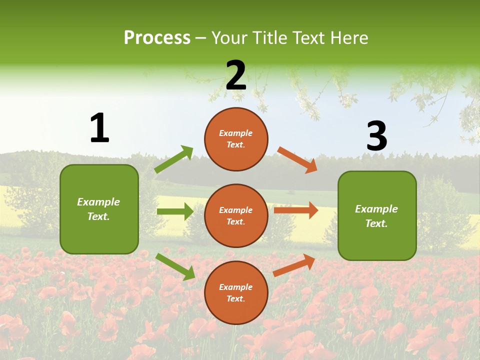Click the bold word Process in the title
157,38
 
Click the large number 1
99,128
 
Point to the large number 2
236,75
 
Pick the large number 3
376,136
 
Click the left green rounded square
99,209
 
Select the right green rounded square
377,215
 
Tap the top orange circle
236,139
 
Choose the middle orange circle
236,215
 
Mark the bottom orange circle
236,292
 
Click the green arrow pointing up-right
174,159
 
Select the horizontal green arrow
175,211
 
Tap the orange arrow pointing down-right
297,160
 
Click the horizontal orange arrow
296,210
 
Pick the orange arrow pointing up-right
294,265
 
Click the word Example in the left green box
98,202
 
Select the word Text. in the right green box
376,223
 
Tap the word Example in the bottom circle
236,287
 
